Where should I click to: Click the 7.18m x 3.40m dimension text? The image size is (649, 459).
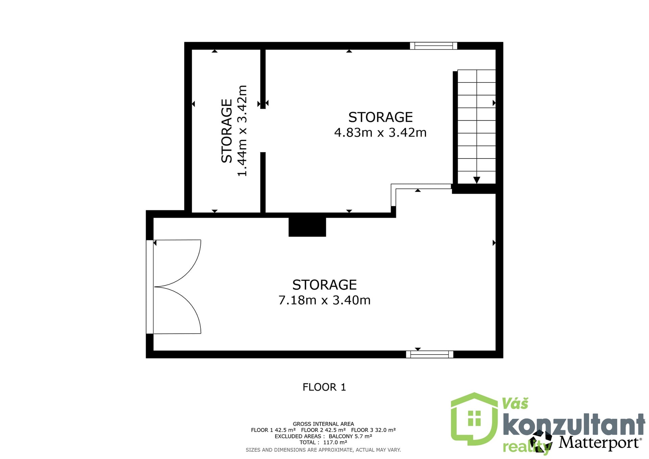coord(324,300)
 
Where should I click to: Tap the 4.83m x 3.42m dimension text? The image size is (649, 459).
coord(380,132)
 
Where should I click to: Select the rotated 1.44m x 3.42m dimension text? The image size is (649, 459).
coord(242,131)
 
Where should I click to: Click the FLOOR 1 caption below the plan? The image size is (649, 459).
coord(324,387)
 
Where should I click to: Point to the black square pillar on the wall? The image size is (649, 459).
coord(307,227)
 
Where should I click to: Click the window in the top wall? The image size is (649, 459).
coord(433,46)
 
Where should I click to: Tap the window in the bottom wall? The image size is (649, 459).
coord(430,354)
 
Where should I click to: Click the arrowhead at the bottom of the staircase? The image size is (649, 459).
coord(477,180)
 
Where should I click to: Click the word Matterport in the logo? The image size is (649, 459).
coord(599,442)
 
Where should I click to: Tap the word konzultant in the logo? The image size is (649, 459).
coord(574,425)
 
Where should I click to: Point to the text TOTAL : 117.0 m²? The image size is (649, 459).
coord(323,442)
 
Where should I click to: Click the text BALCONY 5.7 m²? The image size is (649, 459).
coord(351,436)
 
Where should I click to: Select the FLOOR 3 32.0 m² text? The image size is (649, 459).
coord(374,430)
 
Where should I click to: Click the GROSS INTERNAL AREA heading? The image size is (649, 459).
coord(323,424)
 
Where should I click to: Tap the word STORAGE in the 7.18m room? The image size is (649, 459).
coord(324,285)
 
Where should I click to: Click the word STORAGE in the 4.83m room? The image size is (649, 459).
coord(381,117)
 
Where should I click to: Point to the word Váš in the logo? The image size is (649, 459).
coord(515,404)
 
